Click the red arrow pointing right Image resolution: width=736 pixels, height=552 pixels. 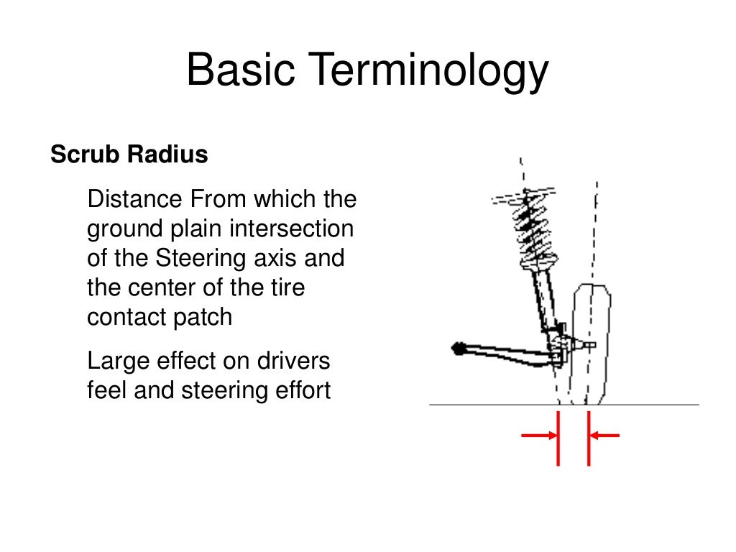click(538, 435)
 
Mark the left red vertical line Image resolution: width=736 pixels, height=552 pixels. click(558, 438)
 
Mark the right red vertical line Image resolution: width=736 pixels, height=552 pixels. click(588, 438)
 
